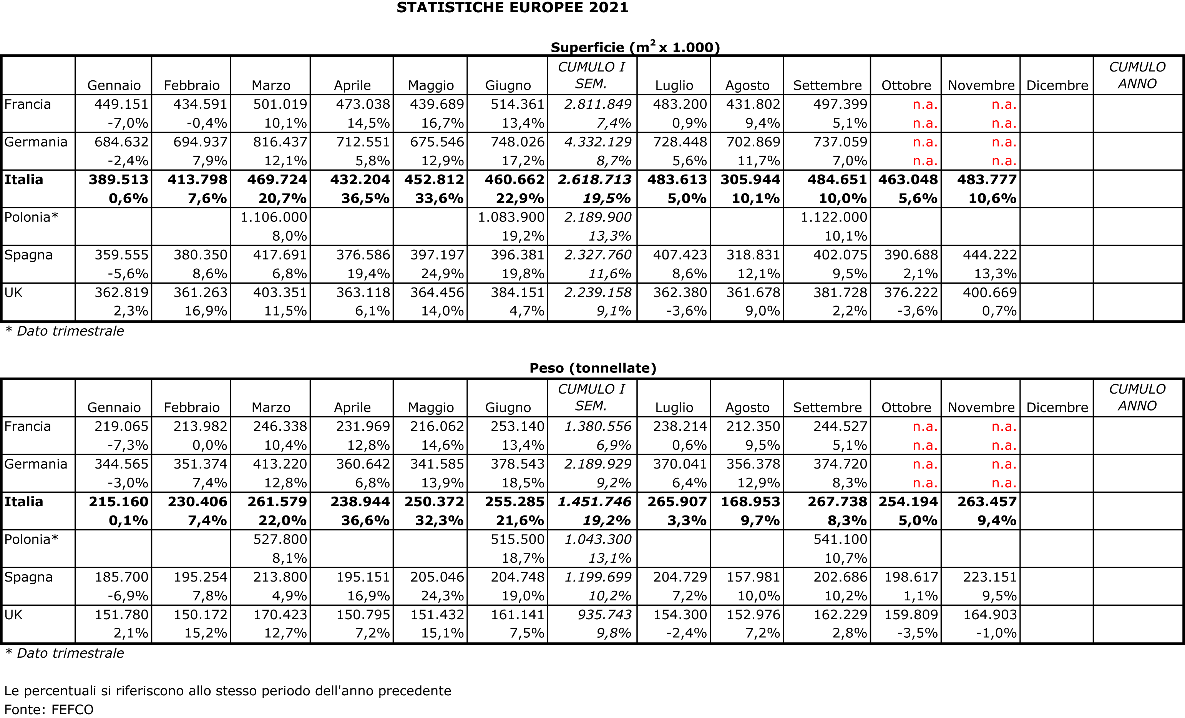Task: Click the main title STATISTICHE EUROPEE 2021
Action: point(512,8)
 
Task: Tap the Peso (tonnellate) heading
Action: point(592,368)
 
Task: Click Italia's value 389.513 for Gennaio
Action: point(118,179)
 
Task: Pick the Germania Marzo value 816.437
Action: point(280,142)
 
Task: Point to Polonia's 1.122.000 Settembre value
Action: point(833,217)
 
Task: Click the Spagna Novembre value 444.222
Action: point(990,254)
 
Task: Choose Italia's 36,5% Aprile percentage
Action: point(365,198)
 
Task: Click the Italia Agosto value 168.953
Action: point(750,502)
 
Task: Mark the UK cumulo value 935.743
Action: point(604,615)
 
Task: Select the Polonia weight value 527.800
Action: point(280,539)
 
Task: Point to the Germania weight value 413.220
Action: point(280,464)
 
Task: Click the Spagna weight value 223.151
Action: point(990,577)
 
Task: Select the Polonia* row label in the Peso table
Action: point(31,539)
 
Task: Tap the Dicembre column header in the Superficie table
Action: point(1057,85)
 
